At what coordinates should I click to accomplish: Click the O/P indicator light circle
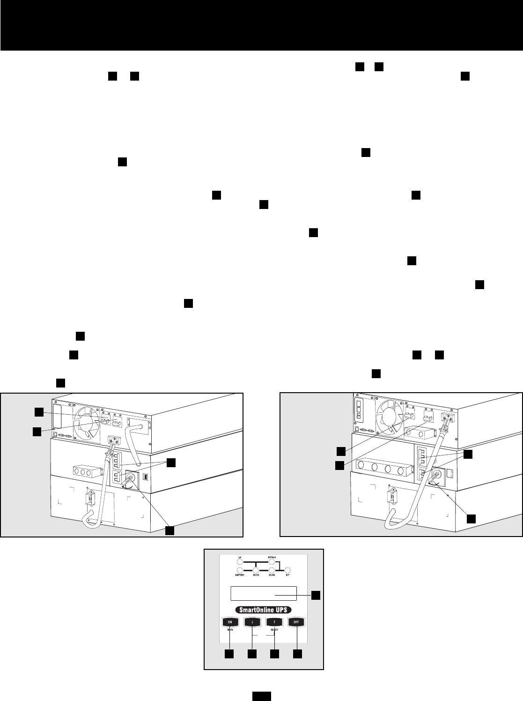[288, 570]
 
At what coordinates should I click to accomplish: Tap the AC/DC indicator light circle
[256, 570]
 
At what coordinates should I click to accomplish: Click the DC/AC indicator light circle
[272, 570]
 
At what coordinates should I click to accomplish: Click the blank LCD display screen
[264, 593]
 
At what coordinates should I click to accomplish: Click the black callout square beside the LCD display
[316, 595]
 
